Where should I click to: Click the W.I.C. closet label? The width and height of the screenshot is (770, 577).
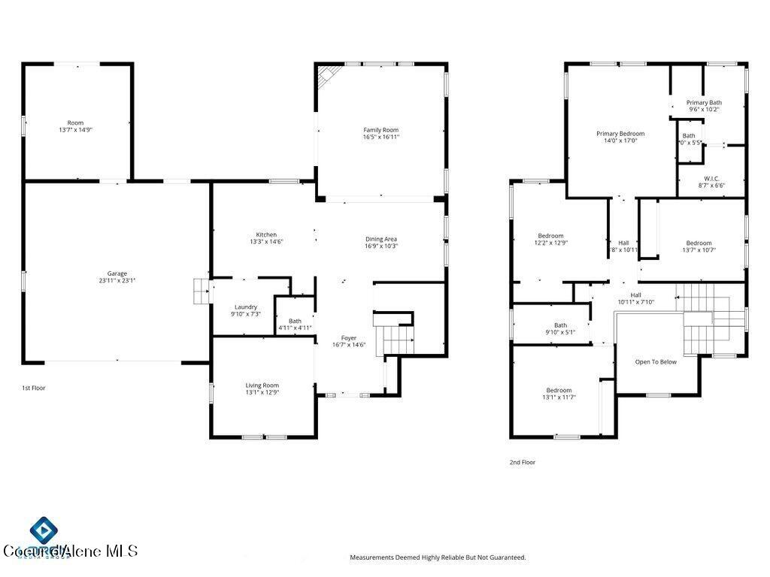coord(711,179)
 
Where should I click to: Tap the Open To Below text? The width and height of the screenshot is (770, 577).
coord(656,362)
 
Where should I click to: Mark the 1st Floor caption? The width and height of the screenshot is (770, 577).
coord(35,388)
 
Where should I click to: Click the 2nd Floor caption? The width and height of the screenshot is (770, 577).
coord(523,463)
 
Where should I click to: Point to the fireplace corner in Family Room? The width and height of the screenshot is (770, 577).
coord(326,74)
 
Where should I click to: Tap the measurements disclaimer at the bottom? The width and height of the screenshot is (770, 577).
coord(438,557)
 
